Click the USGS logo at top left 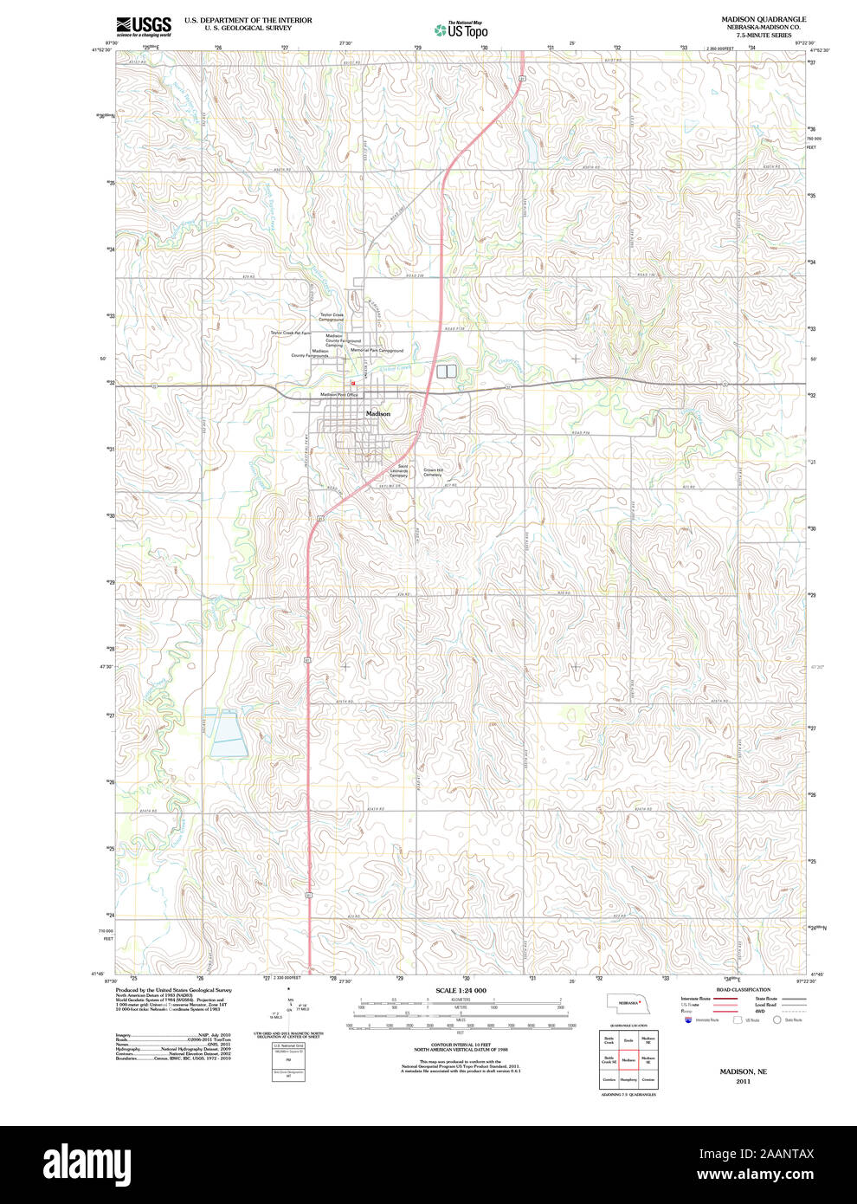(144, 26)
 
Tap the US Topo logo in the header (461, 29)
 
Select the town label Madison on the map (378, 414)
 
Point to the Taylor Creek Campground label (332, 317)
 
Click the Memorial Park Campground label (377, 351)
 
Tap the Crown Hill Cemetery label (433, 472)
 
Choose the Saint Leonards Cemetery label (398, 471)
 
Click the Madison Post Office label (339, 395)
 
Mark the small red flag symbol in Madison (353, 385)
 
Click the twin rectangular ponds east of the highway (446, 372)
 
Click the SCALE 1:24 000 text (461, 990)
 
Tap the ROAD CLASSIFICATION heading (743, 989)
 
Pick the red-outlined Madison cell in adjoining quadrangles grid (628, 1059)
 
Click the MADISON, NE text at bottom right (743, 1071)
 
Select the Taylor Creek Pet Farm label (290, 333)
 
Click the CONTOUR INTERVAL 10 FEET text (461, 1045)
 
